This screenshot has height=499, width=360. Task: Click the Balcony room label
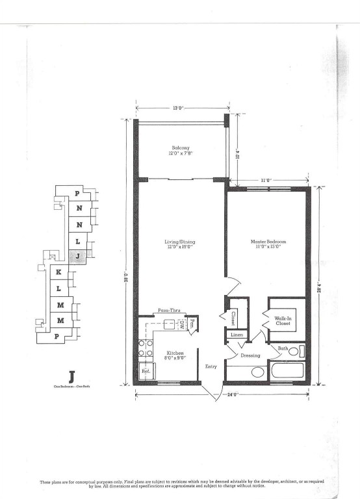click(x=180, y=151)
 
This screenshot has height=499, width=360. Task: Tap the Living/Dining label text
click(x=180, y=244)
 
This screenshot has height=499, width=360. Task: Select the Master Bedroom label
click(x=268, y=244)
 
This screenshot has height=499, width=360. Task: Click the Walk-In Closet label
click(x=283, y=320)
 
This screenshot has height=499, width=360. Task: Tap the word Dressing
click(x=250, y=355)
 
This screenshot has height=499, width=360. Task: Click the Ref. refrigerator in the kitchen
click(x=146, y=372)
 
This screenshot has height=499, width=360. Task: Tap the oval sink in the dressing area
click(x=257, y=372)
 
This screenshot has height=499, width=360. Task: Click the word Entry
click(x=211, y=366)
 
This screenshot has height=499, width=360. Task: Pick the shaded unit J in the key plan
click(x=77, y=256)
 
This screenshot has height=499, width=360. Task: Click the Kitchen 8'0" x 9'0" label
click(x=167, y=355)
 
